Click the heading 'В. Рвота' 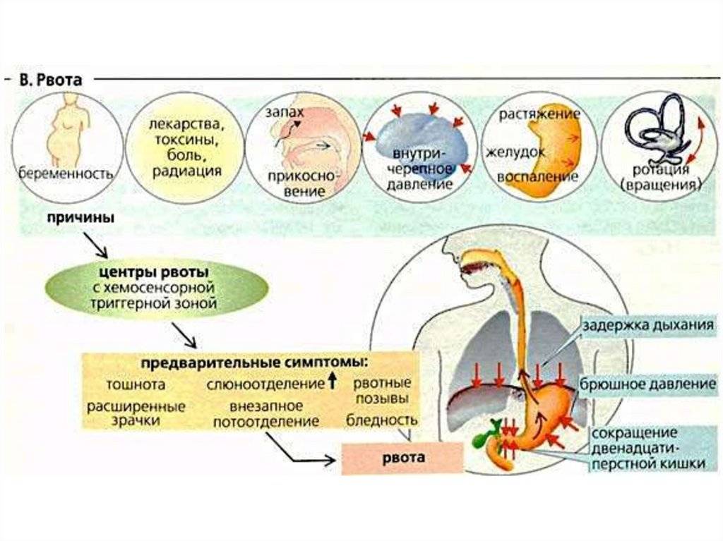coord(51,80)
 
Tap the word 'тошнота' coord(136,385)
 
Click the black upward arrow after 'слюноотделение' coord(332,383)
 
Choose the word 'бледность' coord(382,420)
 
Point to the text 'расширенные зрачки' coord(136,413)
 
